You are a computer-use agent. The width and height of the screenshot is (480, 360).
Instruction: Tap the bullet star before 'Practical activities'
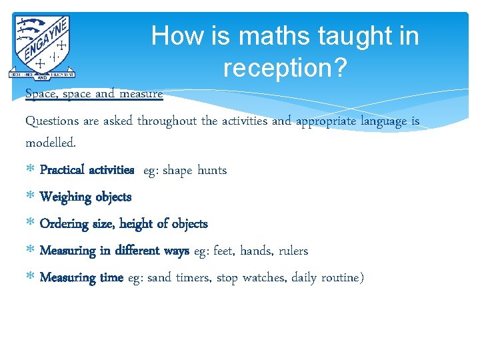[x=30, y=171]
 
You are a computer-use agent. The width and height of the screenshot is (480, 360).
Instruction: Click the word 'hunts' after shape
[x=212, y=170]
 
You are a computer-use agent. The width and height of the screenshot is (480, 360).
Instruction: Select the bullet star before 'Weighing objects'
[x=30, y=197]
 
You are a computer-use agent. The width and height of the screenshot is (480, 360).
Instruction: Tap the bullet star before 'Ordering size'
[x=30, y=225]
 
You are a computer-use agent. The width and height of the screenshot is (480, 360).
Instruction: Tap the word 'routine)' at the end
[x=341, y=277]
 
